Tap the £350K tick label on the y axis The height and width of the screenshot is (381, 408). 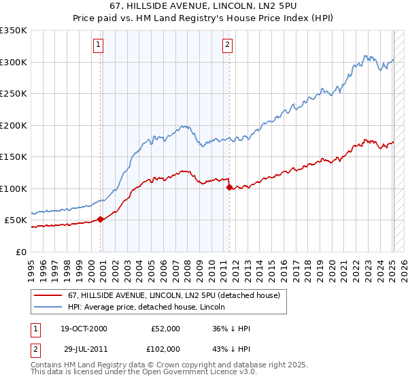point(14,31)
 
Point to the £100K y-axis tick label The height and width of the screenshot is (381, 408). point(14,188)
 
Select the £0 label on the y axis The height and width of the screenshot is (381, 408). point(21,252)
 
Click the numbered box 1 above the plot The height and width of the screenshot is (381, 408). point(99,46)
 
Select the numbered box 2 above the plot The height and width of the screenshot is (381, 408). point(226,46)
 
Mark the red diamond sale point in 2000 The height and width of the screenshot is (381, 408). point(101,219)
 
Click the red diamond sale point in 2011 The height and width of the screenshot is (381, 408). point(230,187)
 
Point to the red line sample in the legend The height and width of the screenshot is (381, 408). point(48,295)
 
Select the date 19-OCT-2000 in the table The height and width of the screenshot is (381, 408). point(84,329)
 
